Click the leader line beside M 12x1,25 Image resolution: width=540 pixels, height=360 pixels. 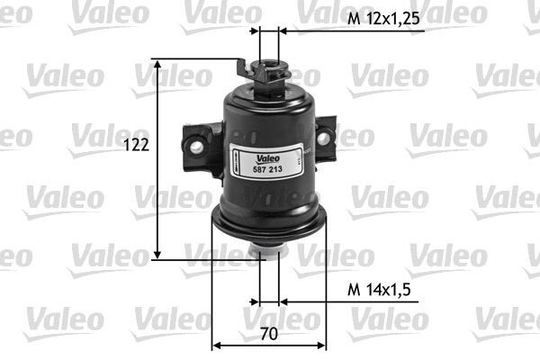310,30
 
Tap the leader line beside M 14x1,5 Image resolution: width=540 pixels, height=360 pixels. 310,301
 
